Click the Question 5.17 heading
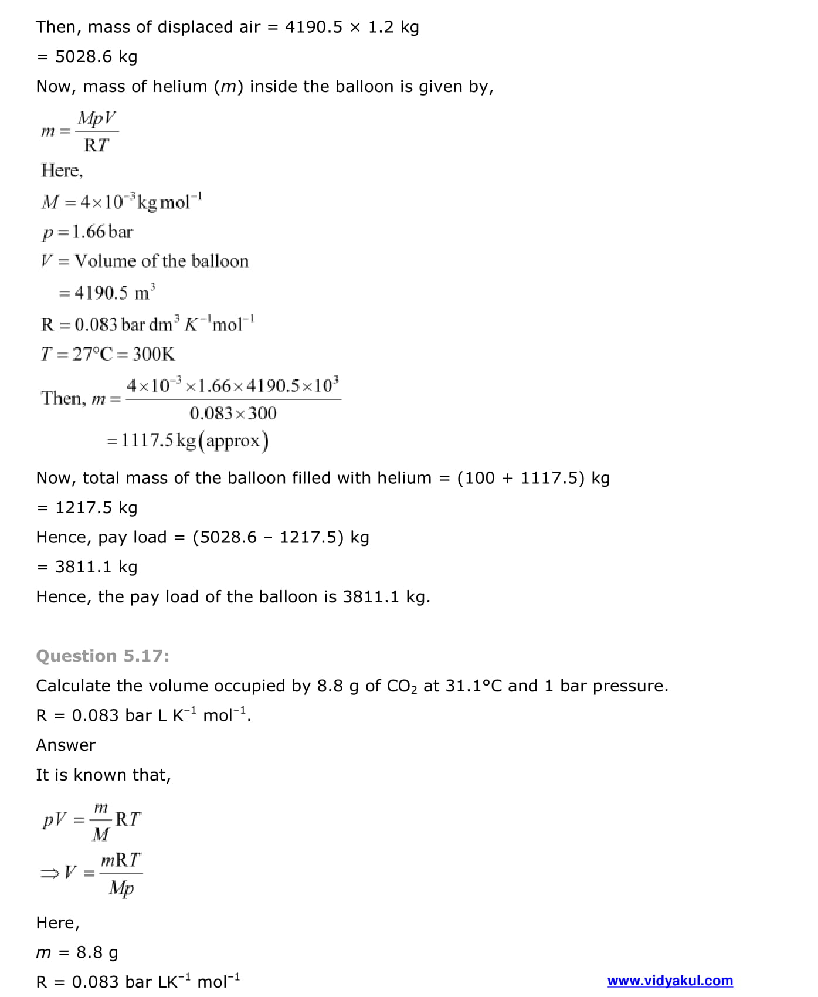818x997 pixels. pyautogui.click(x=103, y=656)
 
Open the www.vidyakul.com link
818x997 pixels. pyautogui.click(x=670, y=981)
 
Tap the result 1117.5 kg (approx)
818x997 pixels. pyautogui.click(x=188, y=440)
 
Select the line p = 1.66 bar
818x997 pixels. pyautogui.click(x=87, y=232)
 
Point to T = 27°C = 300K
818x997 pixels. pyautogui.click(x=108, y=354)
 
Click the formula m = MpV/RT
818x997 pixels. pyautogui.click(x=80, y=131)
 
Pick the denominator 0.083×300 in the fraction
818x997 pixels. pyautogui.click(x=233, y=413)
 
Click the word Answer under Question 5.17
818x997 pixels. pyautogui.click(x=66, y=745)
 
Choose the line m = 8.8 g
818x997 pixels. pyautogui.click(x=77, y=952)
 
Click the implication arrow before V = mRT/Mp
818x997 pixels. pyautogui.click(x=49, y=874)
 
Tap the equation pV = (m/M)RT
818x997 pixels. pyautogui.click(x=91, y=819)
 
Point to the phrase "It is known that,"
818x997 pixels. pyautogui.click(x=103, y=775)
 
